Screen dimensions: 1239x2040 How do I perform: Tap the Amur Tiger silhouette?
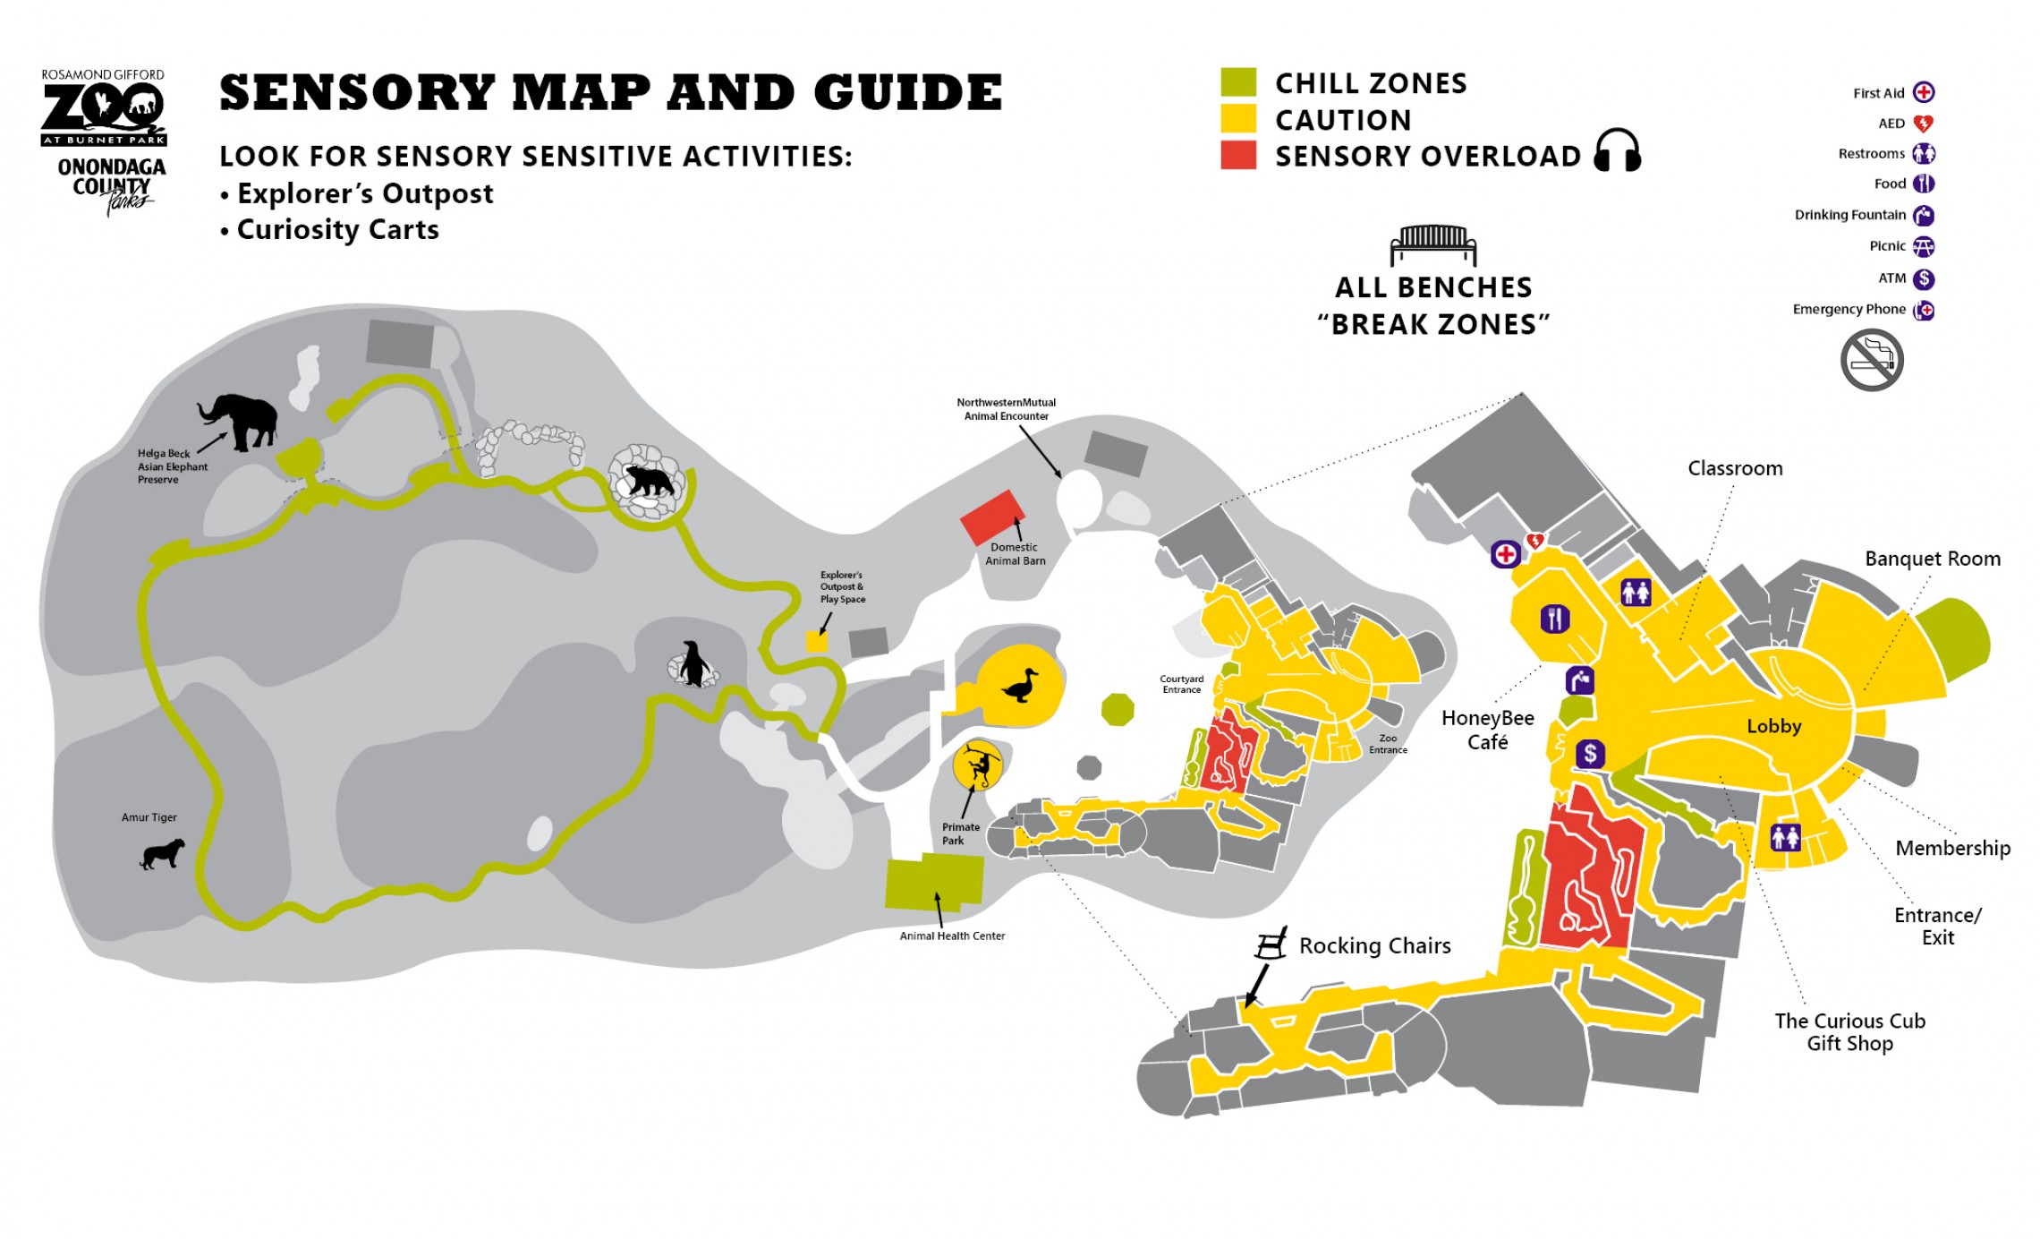163,853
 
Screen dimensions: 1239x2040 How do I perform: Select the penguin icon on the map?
692,664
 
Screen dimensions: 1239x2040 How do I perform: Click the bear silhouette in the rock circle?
649,481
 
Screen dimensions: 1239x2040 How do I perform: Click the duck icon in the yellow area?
1020,687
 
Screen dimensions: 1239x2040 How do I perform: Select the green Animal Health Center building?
934,881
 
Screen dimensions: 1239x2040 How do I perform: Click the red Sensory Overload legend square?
1238,155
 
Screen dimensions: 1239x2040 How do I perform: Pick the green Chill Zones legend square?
1238,82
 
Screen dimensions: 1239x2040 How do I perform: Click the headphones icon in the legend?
1617,150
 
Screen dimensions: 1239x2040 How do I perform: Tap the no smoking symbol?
1871,360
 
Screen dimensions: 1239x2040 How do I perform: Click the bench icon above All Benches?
1432,244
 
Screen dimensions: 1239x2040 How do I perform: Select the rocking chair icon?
1271,944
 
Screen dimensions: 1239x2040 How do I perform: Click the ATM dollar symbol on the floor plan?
1589,754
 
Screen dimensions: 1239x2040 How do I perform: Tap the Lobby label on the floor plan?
1773,726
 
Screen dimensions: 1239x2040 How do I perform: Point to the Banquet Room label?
1932,559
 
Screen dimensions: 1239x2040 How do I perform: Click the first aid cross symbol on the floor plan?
1506,554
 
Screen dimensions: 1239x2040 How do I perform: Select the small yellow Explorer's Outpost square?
817,642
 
